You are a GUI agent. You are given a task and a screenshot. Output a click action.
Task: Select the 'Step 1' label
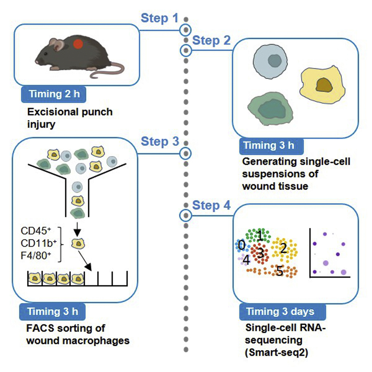tap(159, 18)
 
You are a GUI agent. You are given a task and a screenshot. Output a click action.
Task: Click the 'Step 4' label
tap(211, 205)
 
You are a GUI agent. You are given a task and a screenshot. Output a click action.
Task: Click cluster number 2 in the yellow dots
tap(283, 248)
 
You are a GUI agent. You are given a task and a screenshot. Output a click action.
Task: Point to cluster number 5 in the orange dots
tap(279, 271)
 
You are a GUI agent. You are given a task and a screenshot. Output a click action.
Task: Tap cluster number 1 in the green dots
tap(260, 235)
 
